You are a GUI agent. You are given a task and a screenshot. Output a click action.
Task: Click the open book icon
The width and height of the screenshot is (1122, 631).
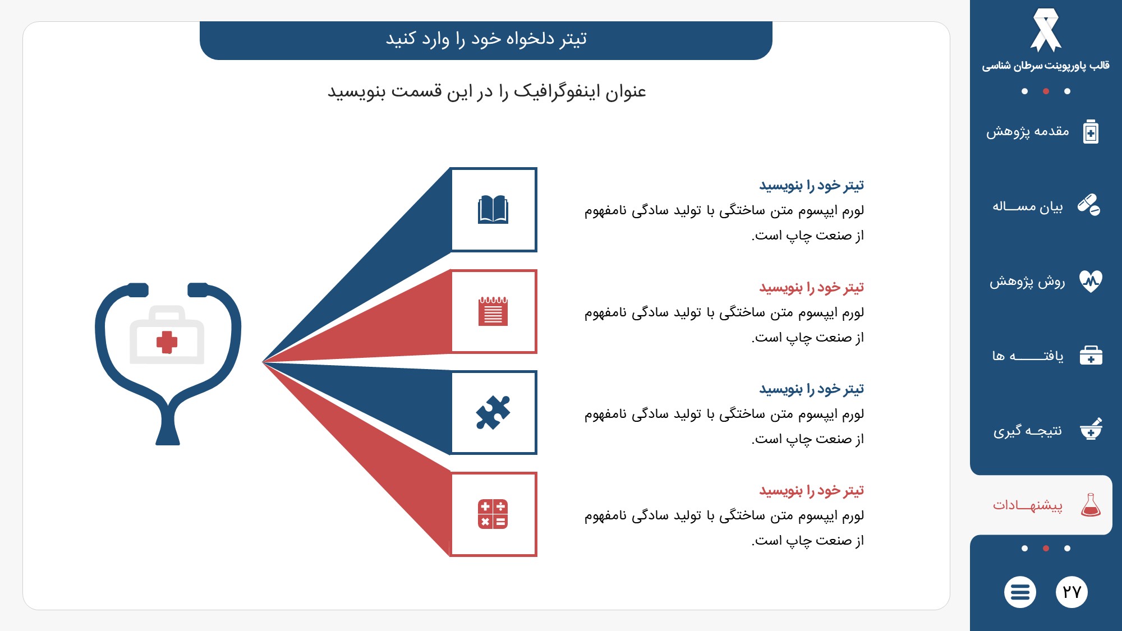(x=493, y=210)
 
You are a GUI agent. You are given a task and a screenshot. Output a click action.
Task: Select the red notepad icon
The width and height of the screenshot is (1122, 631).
(x=493, y=311)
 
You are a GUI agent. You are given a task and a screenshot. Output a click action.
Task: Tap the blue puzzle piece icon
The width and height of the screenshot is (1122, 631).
(x=493, y=412)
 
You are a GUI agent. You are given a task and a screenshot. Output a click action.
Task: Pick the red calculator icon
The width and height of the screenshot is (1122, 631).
(x=493, y=514)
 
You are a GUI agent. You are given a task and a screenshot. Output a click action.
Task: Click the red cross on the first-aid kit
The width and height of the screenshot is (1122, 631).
(x=167, y=342)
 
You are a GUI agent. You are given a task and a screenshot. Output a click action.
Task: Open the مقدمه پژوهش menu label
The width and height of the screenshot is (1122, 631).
(x=1028, y=132)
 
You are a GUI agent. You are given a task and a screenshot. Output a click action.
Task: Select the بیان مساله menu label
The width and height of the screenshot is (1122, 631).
(x=1028, y=206)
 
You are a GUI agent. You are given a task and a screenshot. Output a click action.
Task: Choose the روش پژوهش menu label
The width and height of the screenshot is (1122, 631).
(x=1027, y=282)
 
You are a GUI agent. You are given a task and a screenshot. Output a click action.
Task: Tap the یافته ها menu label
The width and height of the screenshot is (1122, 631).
(x=1028, y=356)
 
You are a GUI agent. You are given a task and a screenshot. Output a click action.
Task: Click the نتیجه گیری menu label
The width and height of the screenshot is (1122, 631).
(x=1028, y=431)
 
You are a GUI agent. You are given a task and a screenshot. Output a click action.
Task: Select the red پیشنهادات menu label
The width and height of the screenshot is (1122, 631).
(x=1028, y=505)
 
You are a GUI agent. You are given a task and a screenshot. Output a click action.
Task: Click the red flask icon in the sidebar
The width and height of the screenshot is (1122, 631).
(x=1091, y=505)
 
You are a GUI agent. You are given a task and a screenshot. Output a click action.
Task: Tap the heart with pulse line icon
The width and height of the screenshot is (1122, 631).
(x=1091, y=281)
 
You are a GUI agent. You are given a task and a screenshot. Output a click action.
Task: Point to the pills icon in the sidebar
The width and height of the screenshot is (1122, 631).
(x=1089, y=205)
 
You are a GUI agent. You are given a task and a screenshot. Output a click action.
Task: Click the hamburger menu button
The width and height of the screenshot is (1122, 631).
(x=1020, y=592)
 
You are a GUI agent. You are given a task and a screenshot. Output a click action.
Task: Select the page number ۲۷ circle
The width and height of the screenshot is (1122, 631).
(x=1072, y=592)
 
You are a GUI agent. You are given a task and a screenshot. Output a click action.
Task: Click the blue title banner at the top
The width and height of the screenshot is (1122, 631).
(x=486, y=40)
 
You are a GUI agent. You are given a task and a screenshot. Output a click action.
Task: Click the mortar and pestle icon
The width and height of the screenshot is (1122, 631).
(x=1091, y=429)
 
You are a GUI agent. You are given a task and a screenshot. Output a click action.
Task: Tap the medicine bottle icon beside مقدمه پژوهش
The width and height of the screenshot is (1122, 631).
(x=1091, y=132)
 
